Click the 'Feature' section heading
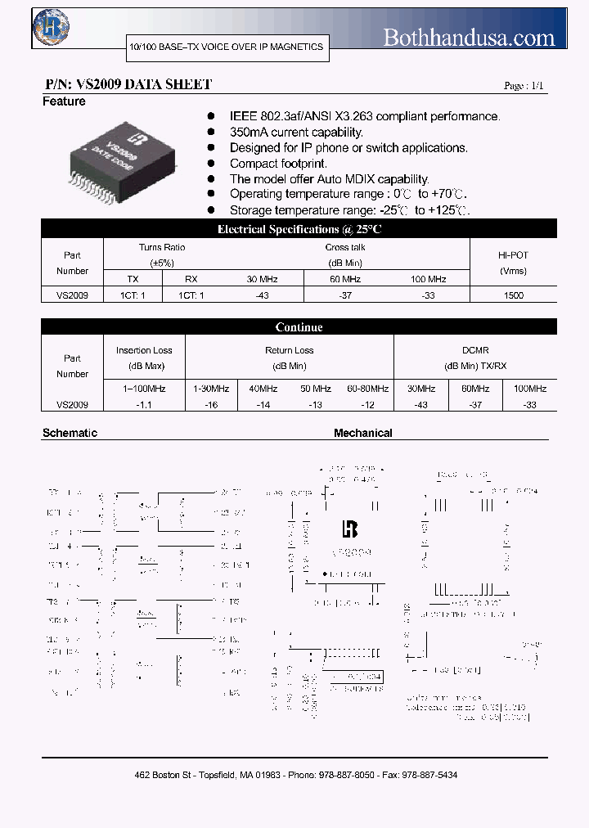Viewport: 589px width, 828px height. point(64,101)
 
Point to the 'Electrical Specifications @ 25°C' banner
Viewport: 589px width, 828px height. point(299,230)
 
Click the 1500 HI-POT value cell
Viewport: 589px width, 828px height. point(514,295)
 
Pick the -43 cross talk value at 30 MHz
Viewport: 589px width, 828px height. point(262,295)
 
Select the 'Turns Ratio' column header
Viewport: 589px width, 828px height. point(162,247)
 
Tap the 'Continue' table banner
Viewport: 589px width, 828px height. point(299,327)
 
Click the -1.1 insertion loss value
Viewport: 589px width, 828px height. point(144,404)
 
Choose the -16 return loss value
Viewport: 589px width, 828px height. point(211,404)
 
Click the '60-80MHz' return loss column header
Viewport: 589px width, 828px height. point(367,389)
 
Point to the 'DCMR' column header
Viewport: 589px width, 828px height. point(475,350)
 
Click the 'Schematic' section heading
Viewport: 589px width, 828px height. point(70,433)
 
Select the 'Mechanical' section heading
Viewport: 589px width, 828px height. point(362,433)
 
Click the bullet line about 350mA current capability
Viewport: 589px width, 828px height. point(296,132)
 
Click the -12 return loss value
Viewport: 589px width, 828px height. point(367,404)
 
